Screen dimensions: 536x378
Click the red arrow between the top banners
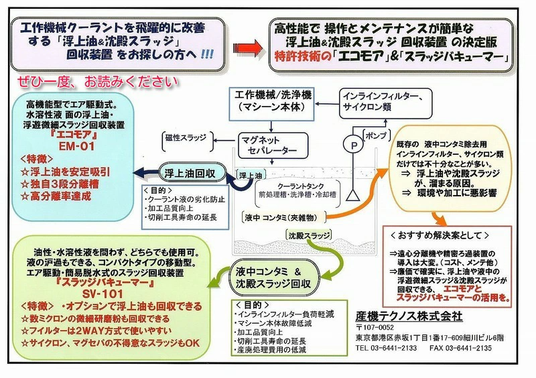[x=248, y=48]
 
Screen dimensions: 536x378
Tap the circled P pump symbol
[x=354, y=145]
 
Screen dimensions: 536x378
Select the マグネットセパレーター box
[x=273, y=145]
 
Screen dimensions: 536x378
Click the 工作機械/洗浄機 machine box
[x=271, y=104]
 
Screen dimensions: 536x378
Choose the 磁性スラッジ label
[x=186, y=138]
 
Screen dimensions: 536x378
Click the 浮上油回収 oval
[x=192, y=174]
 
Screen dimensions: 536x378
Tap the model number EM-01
[x=76, y=146]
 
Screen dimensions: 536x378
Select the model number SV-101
[x=103, y=294]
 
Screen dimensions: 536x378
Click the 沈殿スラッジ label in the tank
[x=310, y=235]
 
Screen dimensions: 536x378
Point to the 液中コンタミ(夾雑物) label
[x=283, y=216]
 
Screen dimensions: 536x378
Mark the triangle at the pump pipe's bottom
[x=353, y=195]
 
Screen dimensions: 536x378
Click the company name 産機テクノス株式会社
[x=409, y=316]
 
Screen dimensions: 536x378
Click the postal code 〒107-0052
[x=375, y=327]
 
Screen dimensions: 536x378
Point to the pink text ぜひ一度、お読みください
[x=98, y=81]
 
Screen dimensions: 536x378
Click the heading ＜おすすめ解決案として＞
[x=440, y=235]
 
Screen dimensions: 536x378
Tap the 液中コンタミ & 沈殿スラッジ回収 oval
[x=275, y=277]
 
